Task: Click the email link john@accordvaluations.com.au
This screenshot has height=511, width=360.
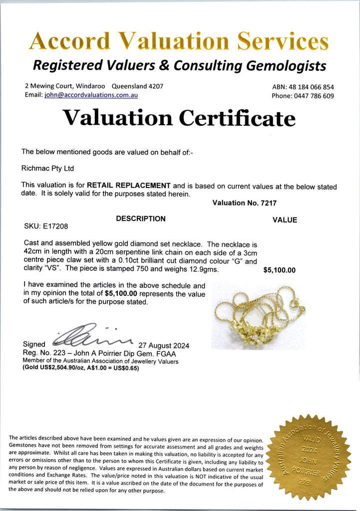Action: point(91,95)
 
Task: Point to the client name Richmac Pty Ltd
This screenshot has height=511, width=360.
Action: point(47,169)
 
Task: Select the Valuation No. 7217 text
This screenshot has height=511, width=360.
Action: point(244,203)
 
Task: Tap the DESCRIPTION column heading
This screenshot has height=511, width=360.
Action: point(140,219)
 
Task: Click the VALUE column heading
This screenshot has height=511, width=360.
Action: point(285,220)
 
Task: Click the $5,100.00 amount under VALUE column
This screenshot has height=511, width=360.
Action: point(279,270)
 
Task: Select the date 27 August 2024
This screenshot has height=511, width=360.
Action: point(164,346)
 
